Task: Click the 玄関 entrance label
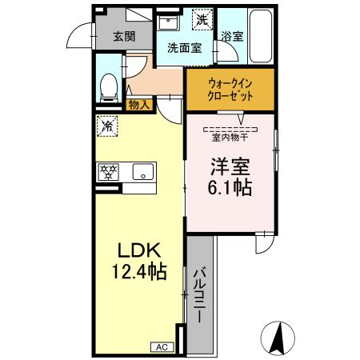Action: [124, 35]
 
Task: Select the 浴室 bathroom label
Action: [232, 36]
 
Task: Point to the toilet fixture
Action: [109, 86]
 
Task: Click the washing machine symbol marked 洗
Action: [203, 19]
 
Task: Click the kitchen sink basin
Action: [142, 171]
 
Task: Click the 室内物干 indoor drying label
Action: [229, 136]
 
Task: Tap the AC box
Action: [160, 346]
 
